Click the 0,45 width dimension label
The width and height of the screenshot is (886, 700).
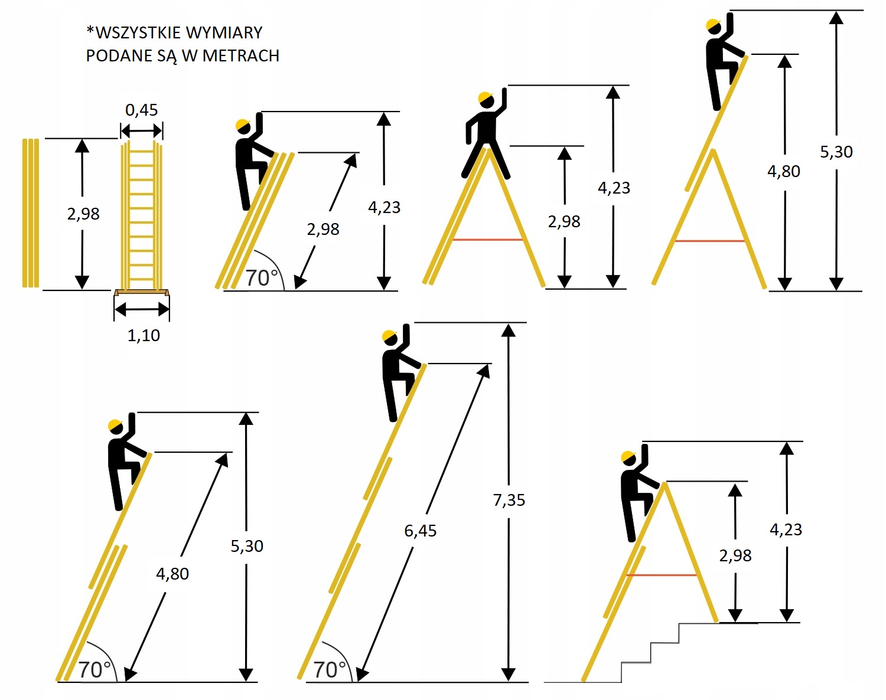142,110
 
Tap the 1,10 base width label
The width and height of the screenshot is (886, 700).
144,335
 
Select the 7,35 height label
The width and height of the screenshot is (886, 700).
509,500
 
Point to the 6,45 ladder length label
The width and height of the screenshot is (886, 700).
420,531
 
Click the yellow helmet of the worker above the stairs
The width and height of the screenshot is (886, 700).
628,457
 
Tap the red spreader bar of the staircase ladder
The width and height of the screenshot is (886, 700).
662,575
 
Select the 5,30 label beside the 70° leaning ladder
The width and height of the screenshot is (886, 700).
247,546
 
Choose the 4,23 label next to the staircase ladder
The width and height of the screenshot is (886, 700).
786,529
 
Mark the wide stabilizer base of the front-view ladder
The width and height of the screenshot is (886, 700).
142,293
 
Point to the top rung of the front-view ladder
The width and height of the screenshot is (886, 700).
142,151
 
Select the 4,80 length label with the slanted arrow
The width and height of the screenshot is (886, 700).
172,573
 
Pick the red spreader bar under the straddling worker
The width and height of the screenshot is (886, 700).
487,240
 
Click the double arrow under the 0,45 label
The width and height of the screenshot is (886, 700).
142,130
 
